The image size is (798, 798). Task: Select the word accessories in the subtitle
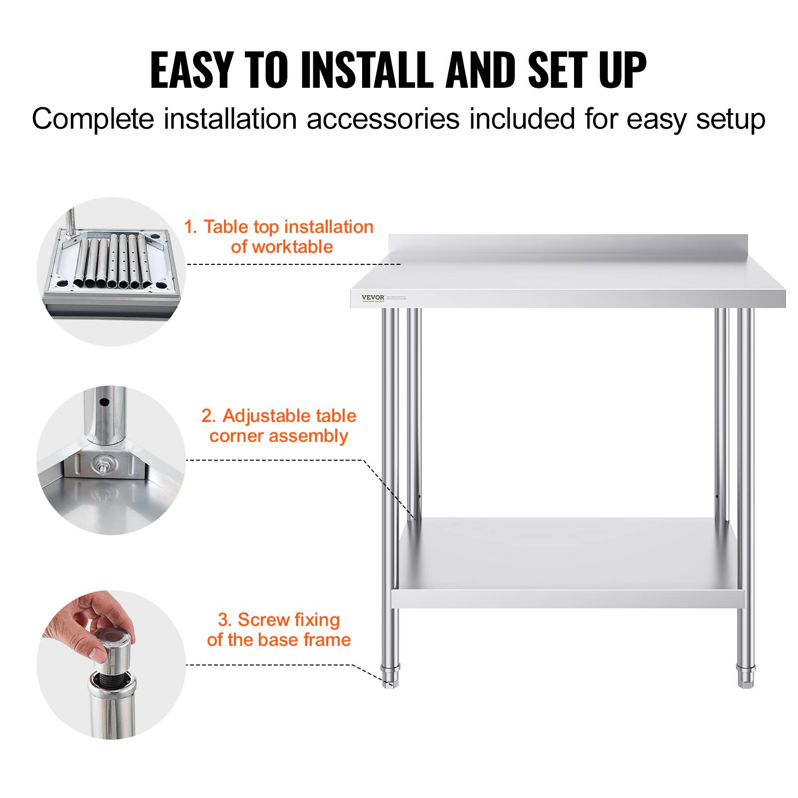point(383,119)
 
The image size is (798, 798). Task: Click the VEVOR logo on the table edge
point(373,297)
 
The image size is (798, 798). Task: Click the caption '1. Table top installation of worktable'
point(279,236)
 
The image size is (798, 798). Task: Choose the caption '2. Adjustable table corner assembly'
point(279,425)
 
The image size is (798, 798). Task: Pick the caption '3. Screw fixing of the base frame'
point(279,629)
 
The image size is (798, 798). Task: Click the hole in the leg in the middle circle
point(103,401)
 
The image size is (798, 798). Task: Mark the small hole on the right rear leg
point(717,496)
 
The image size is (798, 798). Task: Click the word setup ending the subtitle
point(731,119)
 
